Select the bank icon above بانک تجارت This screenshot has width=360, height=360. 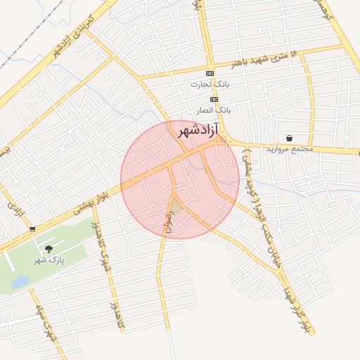210,74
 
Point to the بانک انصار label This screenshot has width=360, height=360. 214,110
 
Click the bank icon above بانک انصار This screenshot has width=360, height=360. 214,100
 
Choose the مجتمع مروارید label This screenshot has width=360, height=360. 290,150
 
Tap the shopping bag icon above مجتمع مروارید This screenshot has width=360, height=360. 290,139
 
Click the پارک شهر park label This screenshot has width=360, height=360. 49,261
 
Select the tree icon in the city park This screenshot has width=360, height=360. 49,250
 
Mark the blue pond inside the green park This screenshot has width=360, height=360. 20,282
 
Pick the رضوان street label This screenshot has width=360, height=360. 167,221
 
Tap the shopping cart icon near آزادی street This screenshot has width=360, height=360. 32,229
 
